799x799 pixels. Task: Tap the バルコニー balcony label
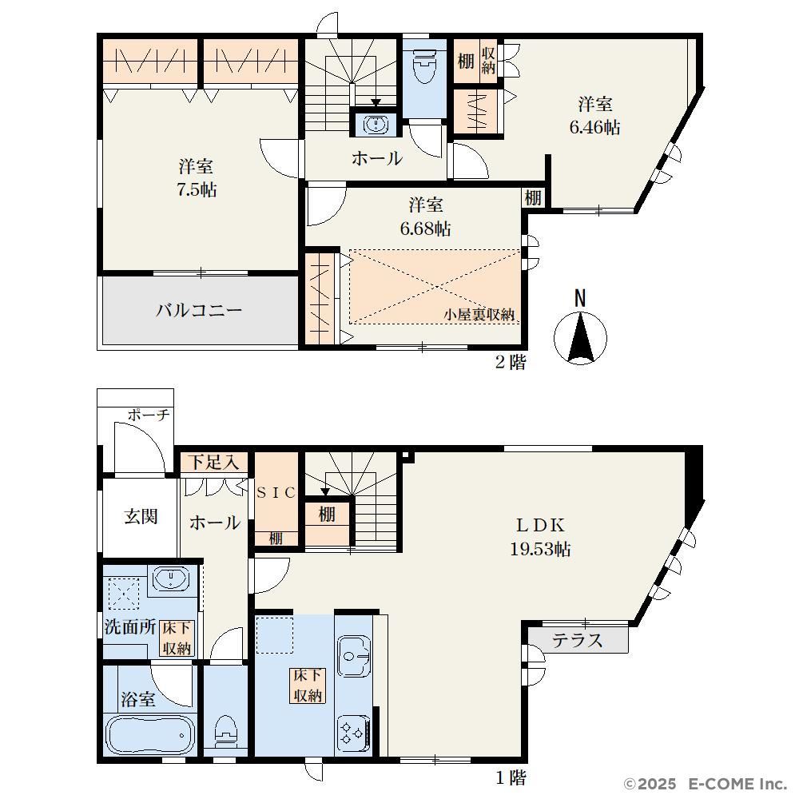point(199,310)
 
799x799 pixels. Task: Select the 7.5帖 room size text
point(197,190)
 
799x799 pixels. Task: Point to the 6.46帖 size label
point(594,127)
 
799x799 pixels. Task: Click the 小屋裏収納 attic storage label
point(479,315)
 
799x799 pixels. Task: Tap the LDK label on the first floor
point(540,525)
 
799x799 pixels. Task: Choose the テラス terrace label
point(578,640)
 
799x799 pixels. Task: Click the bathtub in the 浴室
point(150,735)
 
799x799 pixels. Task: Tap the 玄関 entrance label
point(141,517)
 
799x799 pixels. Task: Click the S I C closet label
point(276,493)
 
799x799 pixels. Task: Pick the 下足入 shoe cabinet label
point(213,463)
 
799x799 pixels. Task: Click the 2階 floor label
point(510,362)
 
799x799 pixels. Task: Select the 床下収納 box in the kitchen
point(308,686)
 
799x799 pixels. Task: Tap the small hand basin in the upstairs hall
point(376,124)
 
